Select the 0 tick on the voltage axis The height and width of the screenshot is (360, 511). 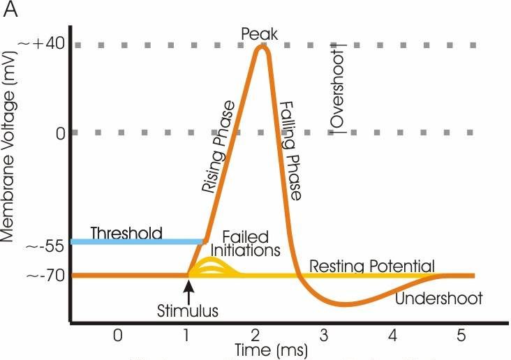point(60,132)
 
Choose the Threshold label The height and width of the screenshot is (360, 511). point(126,232)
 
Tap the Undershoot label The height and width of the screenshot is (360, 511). point(438,298)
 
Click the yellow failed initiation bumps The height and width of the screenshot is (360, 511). point(213,267)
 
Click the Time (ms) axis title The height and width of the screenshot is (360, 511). point(258,349)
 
